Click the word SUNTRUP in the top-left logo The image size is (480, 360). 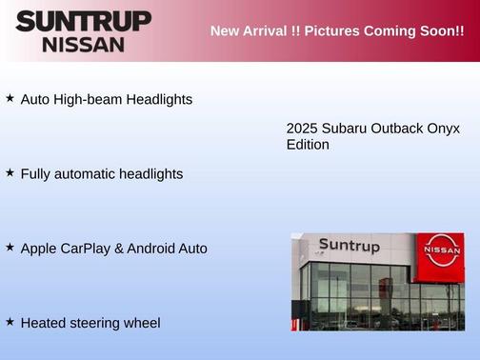click(x=83, y=21)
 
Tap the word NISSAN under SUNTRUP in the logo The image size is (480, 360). click(x=83, y=44)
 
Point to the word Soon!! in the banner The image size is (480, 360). click(x=439, y=31)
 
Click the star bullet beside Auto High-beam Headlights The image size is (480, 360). click(x=10, y=98)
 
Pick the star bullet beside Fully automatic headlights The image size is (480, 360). click(x=10, y=173)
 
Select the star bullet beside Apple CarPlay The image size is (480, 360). click(x=10, y=248)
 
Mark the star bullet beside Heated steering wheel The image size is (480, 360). click(x=10, y=322)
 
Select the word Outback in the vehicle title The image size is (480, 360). click(x=396, y=128)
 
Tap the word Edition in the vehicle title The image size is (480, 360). click(x=308, y=145)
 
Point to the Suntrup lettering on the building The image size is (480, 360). click(x=349, y=246)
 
